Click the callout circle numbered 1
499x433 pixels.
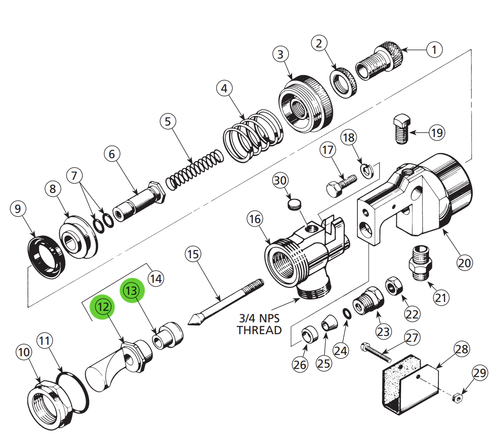(x=434, y=50)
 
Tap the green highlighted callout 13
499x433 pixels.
(x=131, y=291)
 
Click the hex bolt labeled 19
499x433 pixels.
(x=401, y=129)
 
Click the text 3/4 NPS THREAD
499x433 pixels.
(x=259, y=324)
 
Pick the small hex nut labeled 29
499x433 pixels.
(x=457, y=398)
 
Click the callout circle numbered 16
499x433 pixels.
(x=255, y=219)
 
